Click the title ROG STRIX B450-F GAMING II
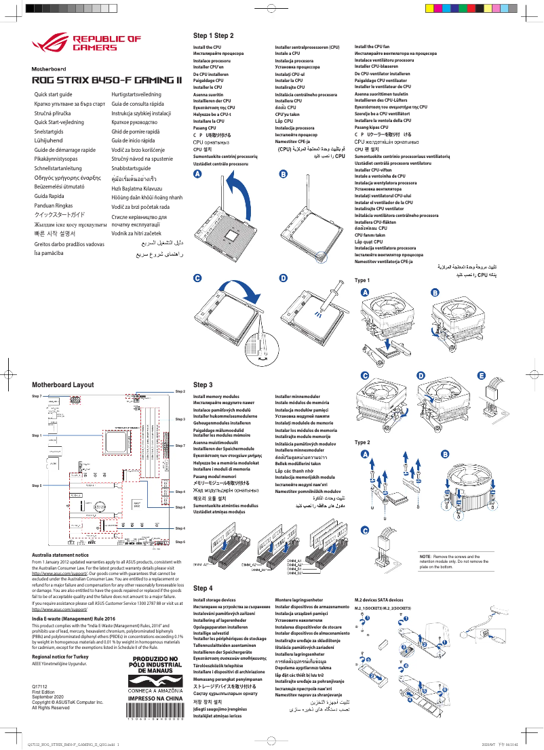tap(107, 79)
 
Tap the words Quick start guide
tap(53, 94)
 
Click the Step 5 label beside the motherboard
tap(37, 486)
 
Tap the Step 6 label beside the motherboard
tap(180, 542)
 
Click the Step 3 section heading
tap(203, 384)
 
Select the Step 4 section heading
tap(203, 589)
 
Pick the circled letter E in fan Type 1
tap(482, 376)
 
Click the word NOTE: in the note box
tap(426, 556)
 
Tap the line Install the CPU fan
tap(372, 47)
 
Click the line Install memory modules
tap(216, 396)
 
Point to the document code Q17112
tap(40, 688)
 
